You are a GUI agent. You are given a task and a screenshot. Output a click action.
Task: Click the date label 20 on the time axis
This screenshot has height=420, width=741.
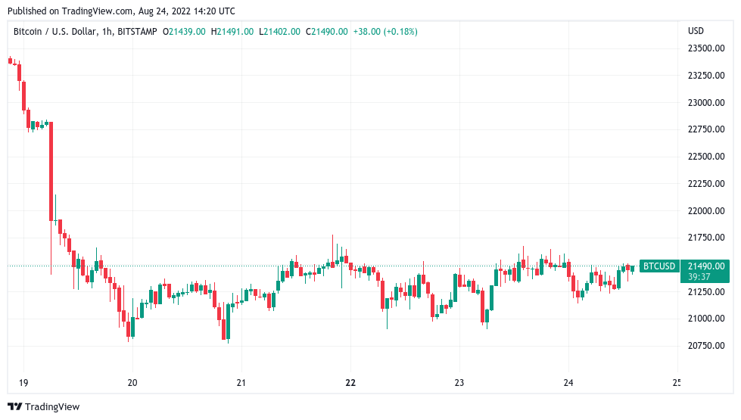(132, 382)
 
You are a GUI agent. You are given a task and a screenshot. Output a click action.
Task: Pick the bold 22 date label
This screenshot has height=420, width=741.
(350, 382)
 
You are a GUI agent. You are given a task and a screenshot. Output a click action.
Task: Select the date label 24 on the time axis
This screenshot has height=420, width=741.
(568, 382)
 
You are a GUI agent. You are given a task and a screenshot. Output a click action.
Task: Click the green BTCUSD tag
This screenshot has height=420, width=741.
(658, 266)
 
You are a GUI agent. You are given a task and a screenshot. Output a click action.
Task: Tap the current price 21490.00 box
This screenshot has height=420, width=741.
(705, 266)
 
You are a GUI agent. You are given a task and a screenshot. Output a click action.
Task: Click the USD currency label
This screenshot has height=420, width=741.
(695, 31)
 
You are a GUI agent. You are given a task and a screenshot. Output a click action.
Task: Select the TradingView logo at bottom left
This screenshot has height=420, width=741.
(43, 406)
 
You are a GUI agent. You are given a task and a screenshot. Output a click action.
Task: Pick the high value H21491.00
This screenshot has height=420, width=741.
(232, 31)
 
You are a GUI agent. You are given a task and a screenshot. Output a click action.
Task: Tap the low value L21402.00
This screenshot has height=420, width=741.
(279, 31)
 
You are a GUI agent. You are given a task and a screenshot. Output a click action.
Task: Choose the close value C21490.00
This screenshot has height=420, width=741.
(326, 31)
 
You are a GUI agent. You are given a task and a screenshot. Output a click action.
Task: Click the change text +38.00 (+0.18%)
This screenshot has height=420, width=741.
(385, 31)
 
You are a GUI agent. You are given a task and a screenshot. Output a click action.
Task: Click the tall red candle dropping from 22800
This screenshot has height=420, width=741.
(51, 171)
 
